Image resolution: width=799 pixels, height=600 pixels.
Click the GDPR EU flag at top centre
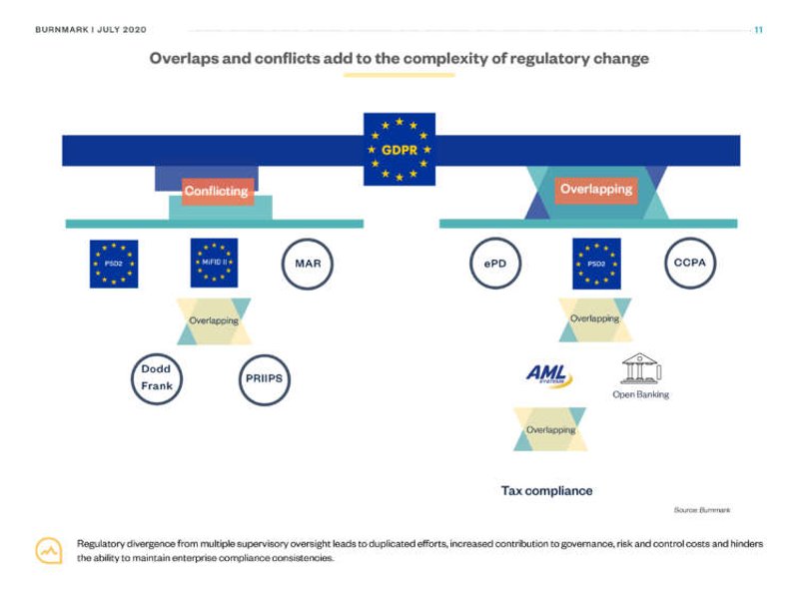point(399,149)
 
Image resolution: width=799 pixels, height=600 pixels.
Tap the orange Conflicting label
point(217,191)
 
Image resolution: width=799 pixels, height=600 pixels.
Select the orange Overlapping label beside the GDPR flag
point(596,189)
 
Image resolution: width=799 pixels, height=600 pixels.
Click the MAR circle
point(308,264)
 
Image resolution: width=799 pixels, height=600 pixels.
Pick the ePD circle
point(495,264)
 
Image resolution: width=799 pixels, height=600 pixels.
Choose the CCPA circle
point(691,264)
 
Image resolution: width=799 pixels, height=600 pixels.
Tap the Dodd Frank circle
point(156,377)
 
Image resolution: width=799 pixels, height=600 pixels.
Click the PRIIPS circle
point(264,378)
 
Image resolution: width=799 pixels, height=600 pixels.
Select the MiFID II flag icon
point(214,264)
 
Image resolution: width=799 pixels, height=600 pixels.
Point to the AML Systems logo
point(548,374)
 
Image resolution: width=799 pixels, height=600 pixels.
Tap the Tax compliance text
point(546,491)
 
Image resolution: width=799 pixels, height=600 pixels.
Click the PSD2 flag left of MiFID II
point(114,265)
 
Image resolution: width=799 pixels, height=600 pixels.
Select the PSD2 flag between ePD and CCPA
point(596,264)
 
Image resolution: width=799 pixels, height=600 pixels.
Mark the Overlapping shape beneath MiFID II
point(214,321)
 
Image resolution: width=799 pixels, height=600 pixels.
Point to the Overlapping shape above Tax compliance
point(550,429)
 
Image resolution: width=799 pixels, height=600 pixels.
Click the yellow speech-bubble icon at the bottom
point(49,550)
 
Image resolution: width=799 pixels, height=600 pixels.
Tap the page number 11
point(758,29)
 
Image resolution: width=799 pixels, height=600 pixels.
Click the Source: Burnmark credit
point(701,510)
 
